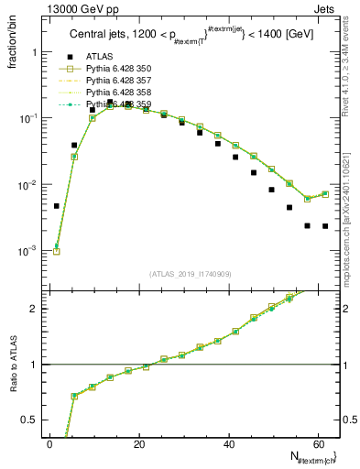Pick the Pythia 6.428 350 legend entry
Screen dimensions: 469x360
click(118, 68)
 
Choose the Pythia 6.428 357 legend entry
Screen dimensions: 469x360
click(118, 81)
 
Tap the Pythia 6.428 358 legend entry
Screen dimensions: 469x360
click(118, 93)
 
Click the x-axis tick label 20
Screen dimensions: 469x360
click(139, 443)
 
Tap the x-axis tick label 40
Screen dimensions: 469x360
click(229, 443)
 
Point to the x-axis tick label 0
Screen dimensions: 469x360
click(50, 443)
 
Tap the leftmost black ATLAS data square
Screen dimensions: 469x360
click(57, 206)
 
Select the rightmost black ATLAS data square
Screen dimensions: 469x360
click(325, 225)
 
